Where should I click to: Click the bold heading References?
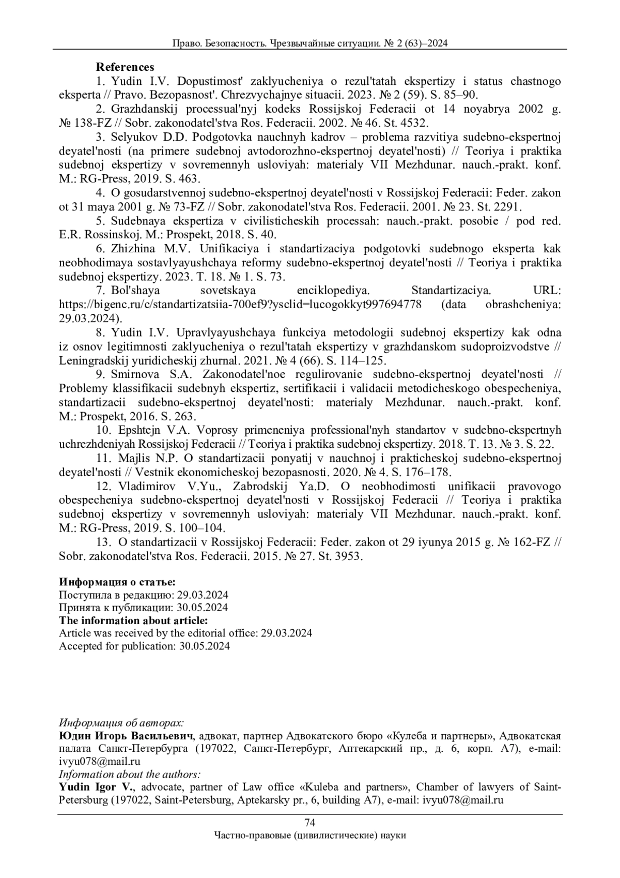click(125, 67)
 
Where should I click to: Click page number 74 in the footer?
click(310, 823)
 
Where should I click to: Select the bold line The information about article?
click(133, 620)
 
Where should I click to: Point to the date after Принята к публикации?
click(202, 608)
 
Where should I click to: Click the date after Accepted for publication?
click(205, 646)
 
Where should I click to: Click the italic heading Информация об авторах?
click(121, 722)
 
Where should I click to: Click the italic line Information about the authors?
click(130, 775)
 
